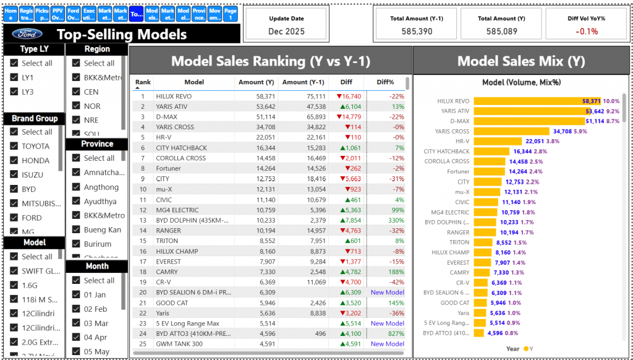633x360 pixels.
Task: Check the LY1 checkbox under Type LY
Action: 14,77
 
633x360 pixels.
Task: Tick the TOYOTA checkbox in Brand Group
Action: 14,146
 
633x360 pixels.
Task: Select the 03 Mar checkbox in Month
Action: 77,323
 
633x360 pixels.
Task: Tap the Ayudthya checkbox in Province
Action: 77,201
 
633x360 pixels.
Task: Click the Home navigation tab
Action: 11,14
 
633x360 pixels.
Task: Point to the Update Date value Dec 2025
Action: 286,31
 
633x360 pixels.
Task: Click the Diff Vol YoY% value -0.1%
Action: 586,31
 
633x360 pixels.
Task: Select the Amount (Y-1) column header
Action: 303,82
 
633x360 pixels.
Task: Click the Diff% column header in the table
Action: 385,82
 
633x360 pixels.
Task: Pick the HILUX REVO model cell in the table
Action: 174,96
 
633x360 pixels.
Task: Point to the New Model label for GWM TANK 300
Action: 387,344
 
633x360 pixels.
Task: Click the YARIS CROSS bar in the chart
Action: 511,131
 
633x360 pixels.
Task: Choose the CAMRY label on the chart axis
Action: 459,273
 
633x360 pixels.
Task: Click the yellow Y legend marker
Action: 526,349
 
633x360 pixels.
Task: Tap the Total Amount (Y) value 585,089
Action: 501,31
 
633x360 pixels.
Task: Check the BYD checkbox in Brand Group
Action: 14,189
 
